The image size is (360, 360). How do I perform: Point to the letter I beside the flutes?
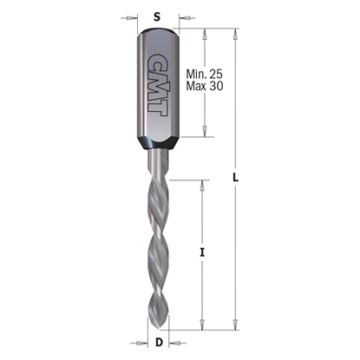point(202,252)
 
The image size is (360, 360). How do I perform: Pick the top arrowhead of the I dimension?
point(202,185)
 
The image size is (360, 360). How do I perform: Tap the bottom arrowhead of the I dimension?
point(202,321)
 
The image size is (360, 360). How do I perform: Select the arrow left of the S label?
point(131,16)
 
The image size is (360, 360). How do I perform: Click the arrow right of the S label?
point(182,16)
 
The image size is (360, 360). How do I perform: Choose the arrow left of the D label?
point(146,341)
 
